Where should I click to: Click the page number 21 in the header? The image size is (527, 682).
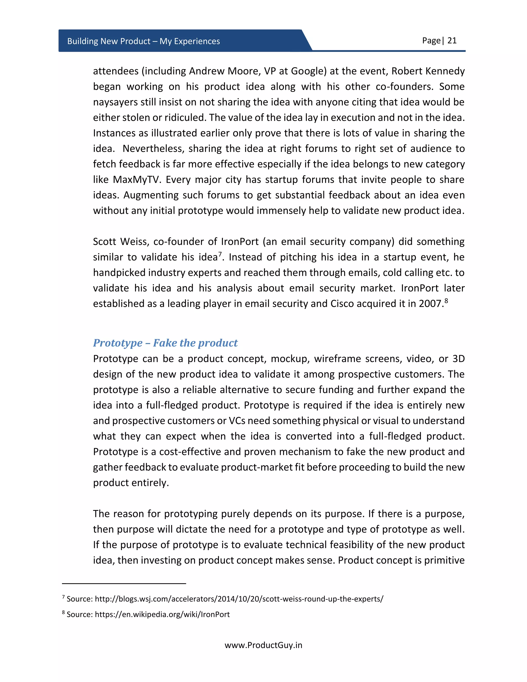(x=452, y=41)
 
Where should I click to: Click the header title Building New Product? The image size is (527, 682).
(x=143, y=41)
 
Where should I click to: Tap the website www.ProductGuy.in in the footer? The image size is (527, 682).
(x=263, y=645)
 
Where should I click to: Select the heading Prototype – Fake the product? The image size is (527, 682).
(x=165, y=343)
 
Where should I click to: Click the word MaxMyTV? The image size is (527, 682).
(x=136, y=180)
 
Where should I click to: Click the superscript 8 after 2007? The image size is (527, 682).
(x=446, y=300)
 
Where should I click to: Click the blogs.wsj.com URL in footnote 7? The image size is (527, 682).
(x=239, y=599)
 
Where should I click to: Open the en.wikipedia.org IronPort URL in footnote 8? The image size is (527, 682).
(x=162, y=615)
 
